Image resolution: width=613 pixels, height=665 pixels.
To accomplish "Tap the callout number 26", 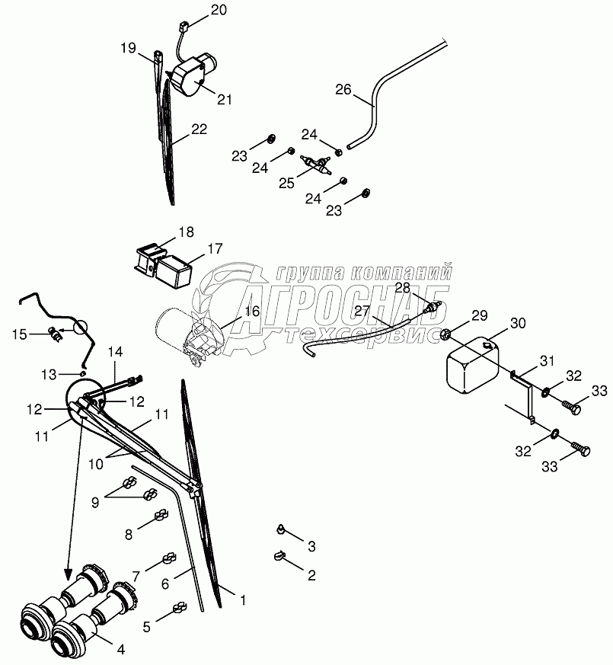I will pos(343,89).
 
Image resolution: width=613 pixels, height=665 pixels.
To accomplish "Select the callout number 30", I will pos(518,323).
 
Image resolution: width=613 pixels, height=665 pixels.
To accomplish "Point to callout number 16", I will pos(252,311).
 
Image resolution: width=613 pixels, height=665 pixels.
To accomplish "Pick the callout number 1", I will pos(242,601).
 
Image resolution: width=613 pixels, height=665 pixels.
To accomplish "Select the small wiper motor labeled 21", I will pos(193,74).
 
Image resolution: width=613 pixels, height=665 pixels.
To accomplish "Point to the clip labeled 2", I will pos(280,558).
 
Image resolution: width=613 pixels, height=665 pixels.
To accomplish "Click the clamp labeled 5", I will pos(180,608).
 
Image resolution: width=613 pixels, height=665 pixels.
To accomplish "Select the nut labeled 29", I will pos(447,334).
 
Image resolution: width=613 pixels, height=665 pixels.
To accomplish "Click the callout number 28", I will pos(402,287).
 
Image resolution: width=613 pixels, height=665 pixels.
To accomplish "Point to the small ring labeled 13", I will pos(81,373).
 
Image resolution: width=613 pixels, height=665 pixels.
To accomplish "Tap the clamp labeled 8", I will pos(161,516).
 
